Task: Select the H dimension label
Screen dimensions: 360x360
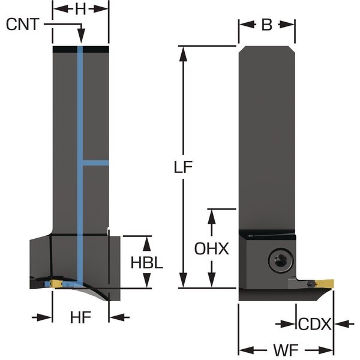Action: click(80, 8)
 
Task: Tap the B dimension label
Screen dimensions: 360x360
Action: click(267, 25)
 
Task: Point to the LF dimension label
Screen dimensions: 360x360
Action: click(188, 168)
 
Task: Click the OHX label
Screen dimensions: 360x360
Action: click(211, 248)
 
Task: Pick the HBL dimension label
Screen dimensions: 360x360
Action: click(147, 263)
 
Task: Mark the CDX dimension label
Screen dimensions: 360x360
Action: click(314, 324)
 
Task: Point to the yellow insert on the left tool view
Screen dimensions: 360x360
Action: click(56, 283)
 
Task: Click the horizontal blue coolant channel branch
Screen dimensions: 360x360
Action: click(95, 163)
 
